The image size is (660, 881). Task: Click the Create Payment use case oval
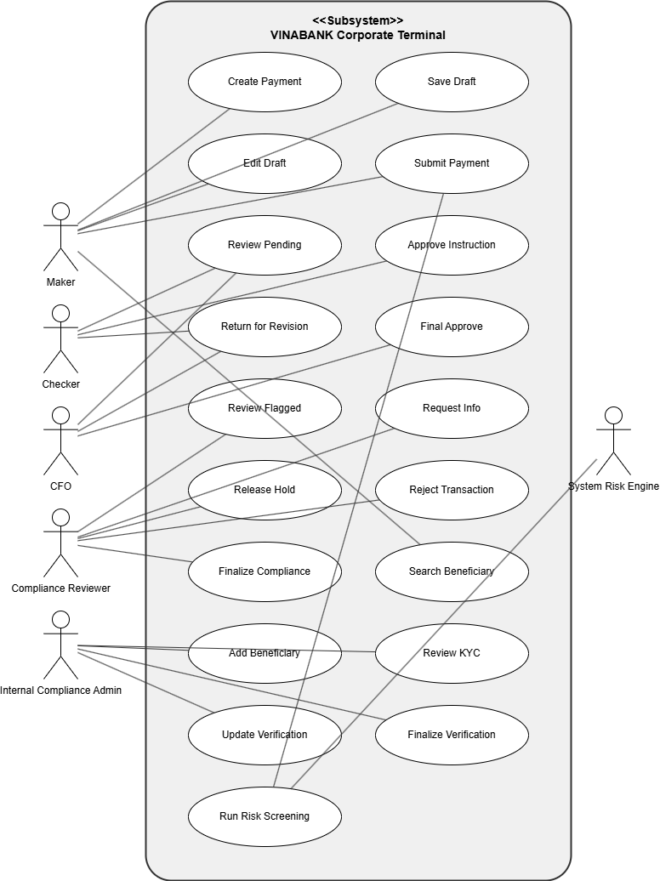tap(265, 82)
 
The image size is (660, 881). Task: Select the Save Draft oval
tap(452, 82)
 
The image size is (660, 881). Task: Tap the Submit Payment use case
tap(452, 163)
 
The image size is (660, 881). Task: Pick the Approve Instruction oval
tap(452, 245)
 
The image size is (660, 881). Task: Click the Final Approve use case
tap(452, 327)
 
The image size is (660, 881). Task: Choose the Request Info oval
tap(452, 408)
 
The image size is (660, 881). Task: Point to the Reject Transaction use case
tap(452, 490)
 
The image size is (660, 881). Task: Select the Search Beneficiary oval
tap(452, 571)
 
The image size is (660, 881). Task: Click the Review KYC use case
tap(452, 653)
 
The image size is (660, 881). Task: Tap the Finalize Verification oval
tap(452, 735)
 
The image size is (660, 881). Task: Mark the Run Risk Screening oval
tap(265, 816)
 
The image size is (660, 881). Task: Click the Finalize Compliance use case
tap(265, 571)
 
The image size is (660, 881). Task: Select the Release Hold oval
tap(265, 490)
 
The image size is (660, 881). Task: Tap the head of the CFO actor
tap(60, 415)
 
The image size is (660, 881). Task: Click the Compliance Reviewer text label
tap(60, 588)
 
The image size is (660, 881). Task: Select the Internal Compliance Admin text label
tap(60, 691)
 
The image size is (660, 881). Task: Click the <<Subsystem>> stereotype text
tap(358, 20)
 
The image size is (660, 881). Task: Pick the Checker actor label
tap(60, 384)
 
